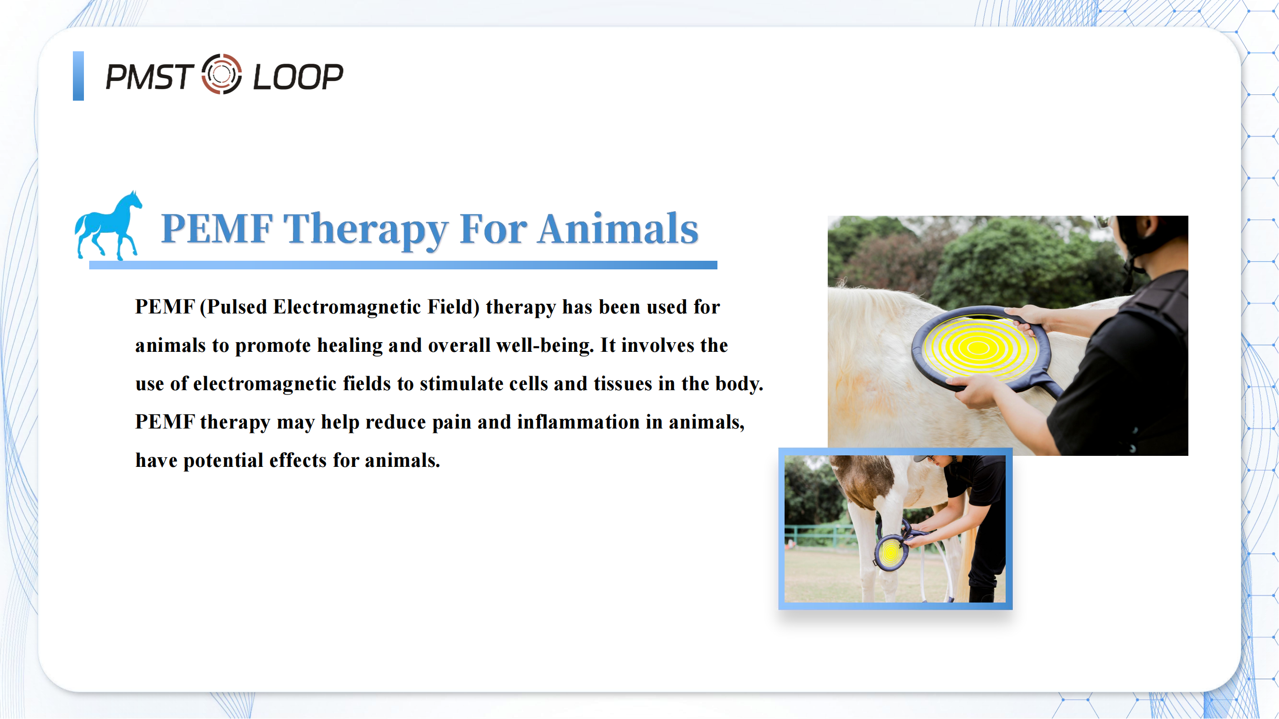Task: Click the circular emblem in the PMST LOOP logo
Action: [x=222, y=74]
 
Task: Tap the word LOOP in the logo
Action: [x=298, y=77]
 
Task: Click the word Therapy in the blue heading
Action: [x=366, y=230]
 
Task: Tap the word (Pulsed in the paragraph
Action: [x=234, y=307]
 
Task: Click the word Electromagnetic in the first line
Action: [x=347, y=307]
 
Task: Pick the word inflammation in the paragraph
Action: [x=578, y=422]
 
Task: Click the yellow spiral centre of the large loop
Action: [x=978, y=348]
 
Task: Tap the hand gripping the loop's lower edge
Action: [x=973, y=390]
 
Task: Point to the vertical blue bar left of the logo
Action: [x=79, y=76]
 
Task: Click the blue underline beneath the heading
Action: [x=403, y=266]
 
